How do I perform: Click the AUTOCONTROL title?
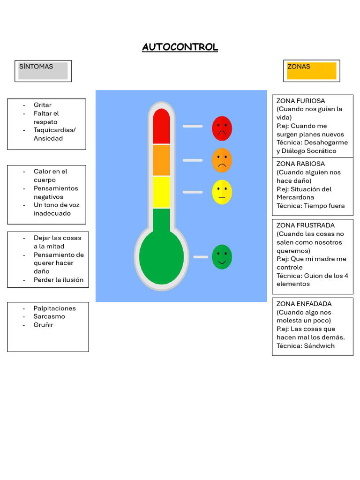tap(180, 47)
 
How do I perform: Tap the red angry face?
tap(222, 128)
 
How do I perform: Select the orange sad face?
tap(222, 160)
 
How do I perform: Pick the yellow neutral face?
tap(222, 192)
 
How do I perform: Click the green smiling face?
tap(222, 257)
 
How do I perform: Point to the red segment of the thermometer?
tap(161, 126)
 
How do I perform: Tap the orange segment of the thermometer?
tap(161, 160)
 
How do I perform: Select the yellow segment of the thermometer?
tap(161, 192)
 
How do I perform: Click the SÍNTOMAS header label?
tap(36, 67)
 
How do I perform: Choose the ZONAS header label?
tap(299, 67)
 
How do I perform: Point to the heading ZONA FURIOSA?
tap(300, 101)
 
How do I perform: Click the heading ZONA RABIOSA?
tap(300, 164)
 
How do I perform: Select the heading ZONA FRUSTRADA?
tap(306, 225)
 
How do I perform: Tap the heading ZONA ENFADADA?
tap(304, 304)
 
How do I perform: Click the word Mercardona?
tap(295, 197)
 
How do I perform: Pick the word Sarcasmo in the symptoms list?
tap(49, 316)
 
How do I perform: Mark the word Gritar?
tap(43, 105)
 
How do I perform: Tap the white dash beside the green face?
tap(201, 257)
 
